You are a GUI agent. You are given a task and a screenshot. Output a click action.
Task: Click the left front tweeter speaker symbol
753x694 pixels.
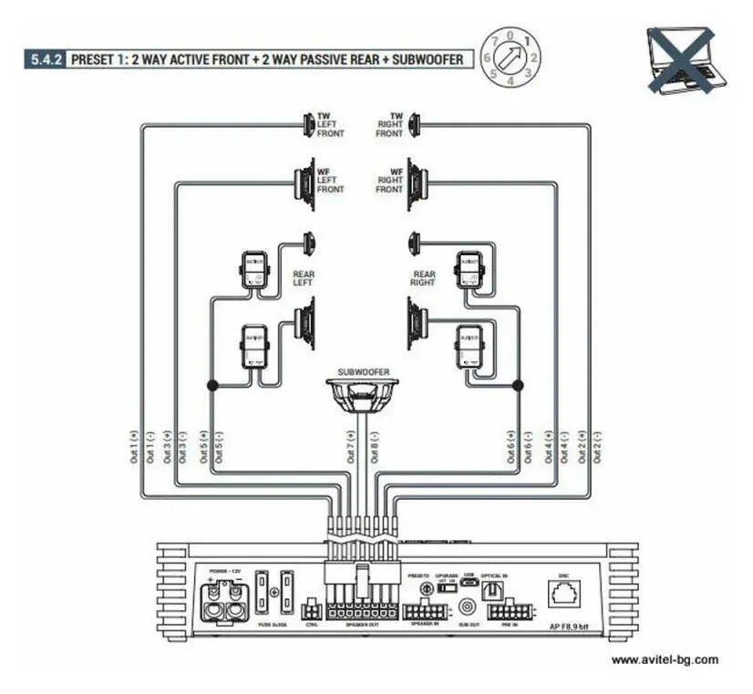[x=308, y=124]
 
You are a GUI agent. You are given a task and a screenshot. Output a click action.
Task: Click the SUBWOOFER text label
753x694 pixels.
[x=364, y=373]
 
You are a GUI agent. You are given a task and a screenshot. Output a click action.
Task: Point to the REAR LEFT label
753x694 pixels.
[x=304, y=278]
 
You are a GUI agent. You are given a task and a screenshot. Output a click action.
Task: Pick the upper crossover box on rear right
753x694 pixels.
[x=470, y=270]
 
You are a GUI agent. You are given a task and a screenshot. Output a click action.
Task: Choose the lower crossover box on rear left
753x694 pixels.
[x=253, y=347]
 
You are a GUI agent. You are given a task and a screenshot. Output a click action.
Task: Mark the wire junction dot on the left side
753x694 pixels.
[x=212, y=386]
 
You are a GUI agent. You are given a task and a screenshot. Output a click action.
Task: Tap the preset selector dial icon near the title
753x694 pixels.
[x=511, y=57]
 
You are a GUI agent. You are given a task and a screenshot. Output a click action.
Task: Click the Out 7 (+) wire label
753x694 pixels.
[x=351, y=448]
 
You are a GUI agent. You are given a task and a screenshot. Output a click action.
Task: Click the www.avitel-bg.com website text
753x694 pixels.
[x=664, y=659]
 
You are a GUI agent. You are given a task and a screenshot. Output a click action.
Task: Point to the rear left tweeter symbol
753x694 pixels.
[x=308, y=243]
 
